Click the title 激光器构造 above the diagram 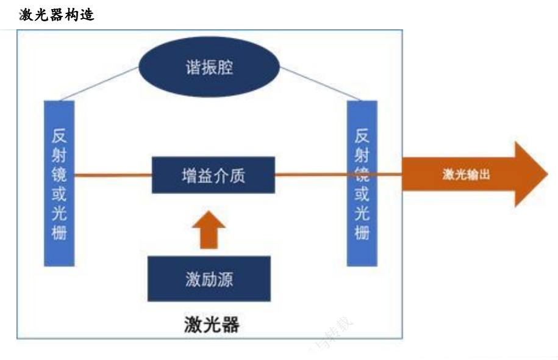(57, 15)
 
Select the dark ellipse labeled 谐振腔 (209, 67)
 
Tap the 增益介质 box (213, 175)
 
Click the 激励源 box (209, 279)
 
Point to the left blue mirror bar (59, 183)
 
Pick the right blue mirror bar (362, 183)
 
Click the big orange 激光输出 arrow (470, 175)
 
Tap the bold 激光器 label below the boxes (211, 324)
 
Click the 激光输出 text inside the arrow (466, 175)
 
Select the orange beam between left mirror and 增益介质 (113, 175)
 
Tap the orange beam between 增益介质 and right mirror (311, 175)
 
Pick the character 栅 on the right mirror (362, 233)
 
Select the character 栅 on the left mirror (59, 233)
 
